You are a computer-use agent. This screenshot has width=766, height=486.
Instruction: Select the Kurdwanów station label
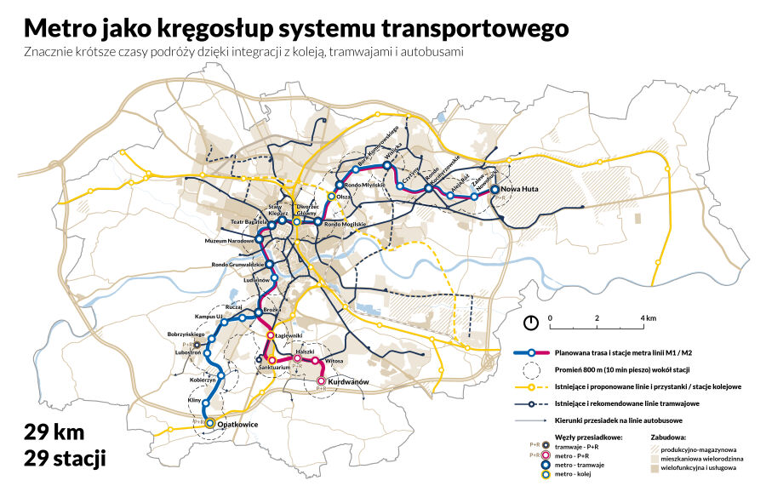pos(348,382)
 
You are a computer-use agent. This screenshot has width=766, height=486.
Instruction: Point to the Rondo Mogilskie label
pos(345,223)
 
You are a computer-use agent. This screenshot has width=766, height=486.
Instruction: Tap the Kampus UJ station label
pos(209,317)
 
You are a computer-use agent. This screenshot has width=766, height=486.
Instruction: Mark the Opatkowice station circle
pos(209,422)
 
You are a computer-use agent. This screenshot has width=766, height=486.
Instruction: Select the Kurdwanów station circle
pos(322,380)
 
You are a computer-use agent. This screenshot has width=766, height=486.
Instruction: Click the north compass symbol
pos(531,323)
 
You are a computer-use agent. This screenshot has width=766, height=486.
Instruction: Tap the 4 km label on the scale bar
pos(649,317)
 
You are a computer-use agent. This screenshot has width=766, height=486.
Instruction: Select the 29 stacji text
pos(66,460)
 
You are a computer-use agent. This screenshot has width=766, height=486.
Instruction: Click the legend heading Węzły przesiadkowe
pos(575,437)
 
